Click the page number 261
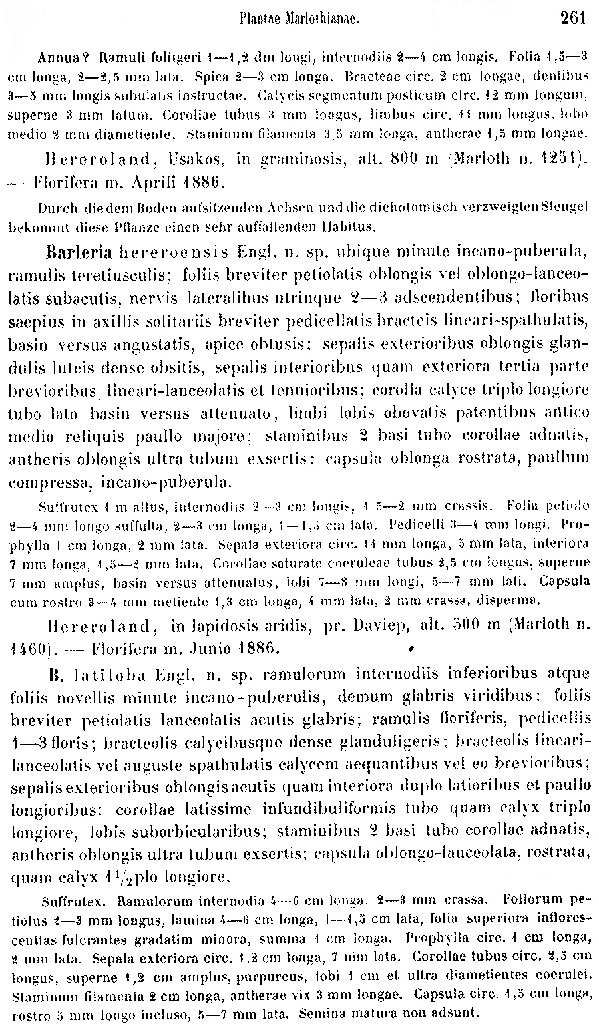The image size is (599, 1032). click(x=574, y=18)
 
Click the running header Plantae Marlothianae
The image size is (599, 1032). click(x=299, y=19)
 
